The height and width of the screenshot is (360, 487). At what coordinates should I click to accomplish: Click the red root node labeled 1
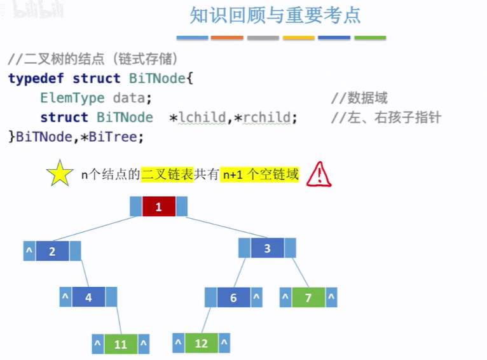158,207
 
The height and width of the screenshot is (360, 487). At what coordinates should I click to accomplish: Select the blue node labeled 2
52,251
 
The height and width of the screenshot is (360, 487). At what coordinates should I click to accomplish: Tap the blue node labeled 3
267,248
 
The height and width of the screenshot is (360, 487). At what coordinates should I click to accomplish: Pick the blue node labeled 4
88,297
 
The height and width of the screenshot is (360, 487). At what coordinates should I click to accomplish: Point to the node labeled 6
233,297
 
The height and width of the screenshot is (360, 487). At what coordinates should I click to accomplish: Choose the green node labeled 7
308,297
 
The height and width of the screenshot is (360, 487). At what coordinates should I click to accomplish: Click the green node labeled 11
120,344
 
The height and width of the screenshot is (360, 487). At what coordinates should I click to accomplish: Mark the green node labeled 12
201,343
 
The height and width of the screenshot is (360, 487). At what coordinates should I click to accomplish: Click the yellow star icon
59,174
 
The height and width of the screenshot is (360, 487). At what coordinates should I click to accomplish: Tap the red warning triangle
319,174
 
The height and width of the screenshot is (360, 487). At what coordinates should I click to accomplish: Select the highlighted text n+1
232,174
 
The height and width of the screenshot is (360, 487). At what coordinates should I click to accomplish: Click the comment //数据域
359,98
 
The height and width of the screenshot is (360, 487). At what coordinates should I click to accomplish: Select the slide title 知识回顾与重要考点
275,15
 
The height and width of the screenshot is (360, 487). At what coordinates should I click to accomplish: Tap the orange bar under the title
227,38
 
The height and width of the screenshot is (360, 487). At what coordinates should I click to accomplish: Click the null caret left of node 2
29,251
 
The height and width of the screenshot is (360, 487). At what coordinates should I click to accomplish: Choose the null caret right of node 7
331,297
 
